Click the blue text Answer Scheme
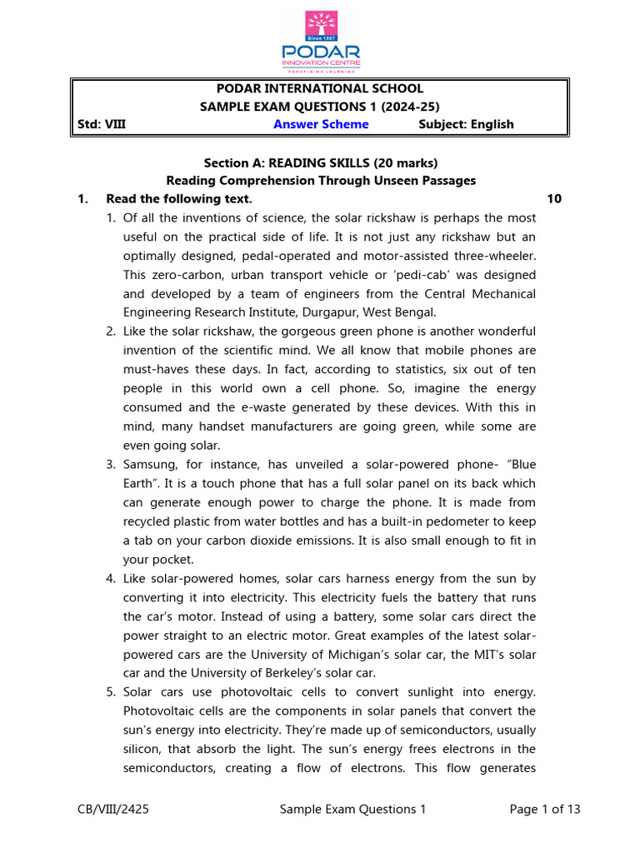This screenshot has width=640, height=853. tap(321, 124)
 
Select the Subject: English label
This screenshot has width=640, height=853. tap(466, 124)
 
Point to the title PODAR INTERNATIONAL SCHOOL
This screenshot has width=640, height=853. tap(320, 88)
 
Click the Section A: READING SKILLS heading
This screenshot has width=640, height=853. tap(321, 162)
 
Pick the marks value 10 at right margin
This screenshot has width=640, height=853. tap(556, 199)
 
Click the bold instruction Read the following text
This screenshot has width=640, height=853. tap(178, 199)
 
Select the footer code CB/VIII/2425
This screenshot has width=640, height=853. tap(111, 809)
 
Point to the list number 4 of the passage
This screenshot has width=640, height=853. tap(111, 578)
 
